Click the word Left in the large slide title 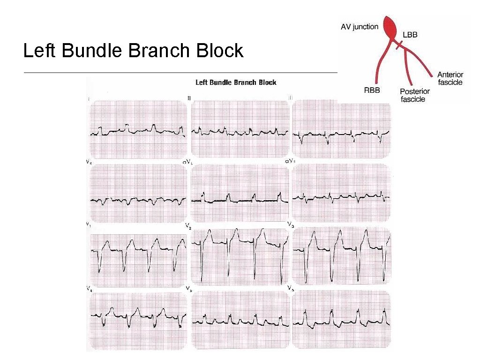[40, 51]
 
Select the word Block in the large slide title [220, 51]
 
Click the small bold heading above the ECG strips [236, 82]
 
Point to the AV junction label [359, 27]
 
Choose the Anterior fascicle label [450, 78]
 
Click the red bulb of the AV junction [390, 24]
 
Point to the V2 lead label [188, 226]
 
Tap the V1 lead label [88, 225]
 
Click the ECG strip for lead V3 [341, 255]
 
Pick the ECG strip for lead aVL [240, 193]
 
